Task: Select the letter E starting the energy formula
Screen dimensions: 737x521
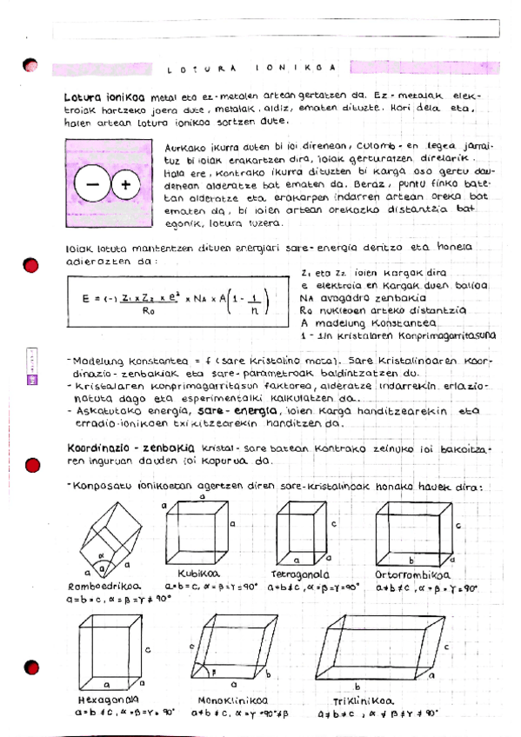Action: coord(86,299)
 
